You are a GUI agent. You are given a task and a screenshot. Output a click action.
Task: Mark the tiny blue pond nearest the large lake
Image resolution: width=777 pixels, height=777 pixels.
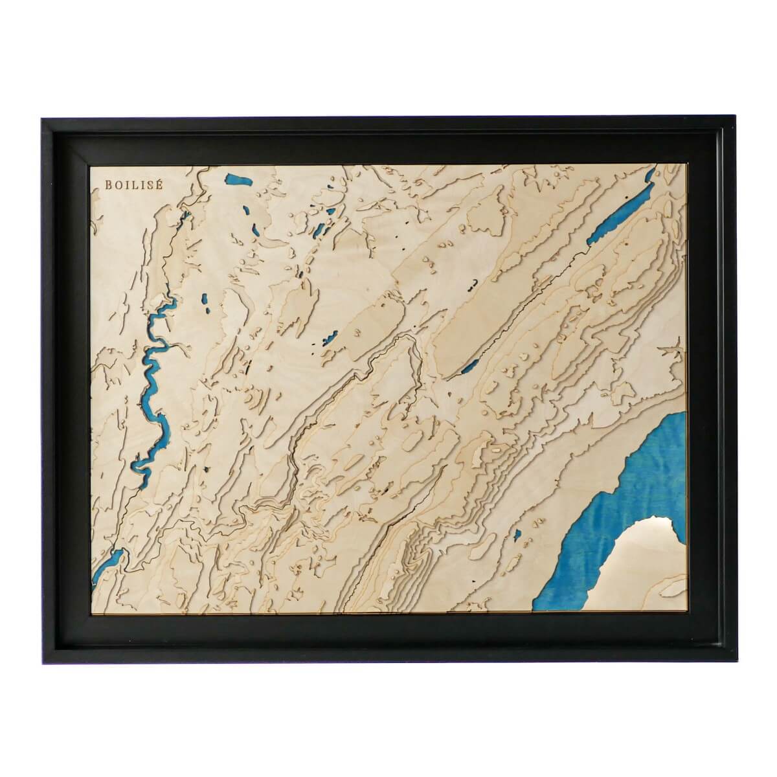517,535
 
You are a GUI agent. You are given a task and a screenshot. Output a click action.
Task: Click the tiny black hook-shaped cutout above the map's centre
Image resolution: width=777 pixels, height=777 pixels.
475,282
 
